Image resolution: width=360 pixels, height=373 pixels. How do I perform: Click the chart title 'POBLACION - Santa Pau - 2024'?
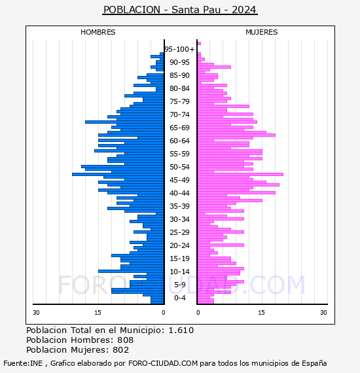tap(180, 10)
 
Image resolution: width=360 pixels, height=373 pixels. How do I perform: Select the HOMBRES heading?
tap(98, 32)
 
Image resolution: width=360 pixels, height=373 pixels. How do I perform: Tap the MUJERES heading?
tap(262, 32)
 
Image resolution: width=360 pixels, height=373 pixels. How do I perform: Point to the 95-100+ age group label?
tap(179, 49)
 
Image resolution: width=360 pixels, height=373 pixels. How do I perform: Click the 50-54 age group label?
tap(179, 167)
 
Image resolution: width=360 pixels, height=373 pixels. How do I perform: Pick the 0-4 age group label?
tap(179, 298)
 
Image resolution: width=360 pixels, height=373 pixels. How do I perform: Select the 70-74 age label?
tap(179, 115)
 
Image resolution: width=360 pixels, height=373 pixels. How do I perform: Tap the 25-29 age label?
tap(179, 232)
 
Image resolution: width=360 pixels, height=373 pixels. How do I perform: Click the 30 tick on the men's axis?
tap(36, 313)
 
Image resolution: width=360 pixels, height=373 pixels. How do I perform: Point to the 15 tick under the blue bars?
tap(98, 313)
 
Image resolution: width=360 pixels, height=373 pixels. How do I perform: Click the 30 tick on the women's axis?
tap(323, 313)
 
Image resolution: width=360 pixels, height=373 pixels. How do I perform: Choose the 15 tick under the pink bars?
tap(261, 313)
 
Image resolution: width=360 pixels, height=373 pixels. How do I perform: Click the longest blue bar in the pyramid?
tap(118, 174)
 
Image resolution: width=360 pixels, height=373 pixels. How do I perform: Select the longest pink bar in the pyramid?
tap(240, 174)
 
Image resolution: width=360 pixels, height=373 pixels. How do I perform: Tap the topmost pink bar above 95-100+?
tap(199, 44)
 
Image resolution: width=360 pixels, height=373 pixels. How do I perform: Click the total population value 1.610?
tap(181, 330)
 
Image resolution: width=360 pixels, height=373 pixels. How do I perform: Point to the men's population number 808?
tap(126, 340)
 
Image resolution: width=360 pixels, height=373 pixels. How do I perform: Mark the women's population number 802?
tap(121, 349)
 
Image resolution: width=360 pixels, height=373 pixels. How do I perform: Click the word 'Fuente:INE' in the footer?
tap(23, 363)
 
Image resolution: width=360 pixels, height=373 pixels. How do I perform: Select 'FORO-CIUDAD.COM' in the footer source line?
tap(163, 363)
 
